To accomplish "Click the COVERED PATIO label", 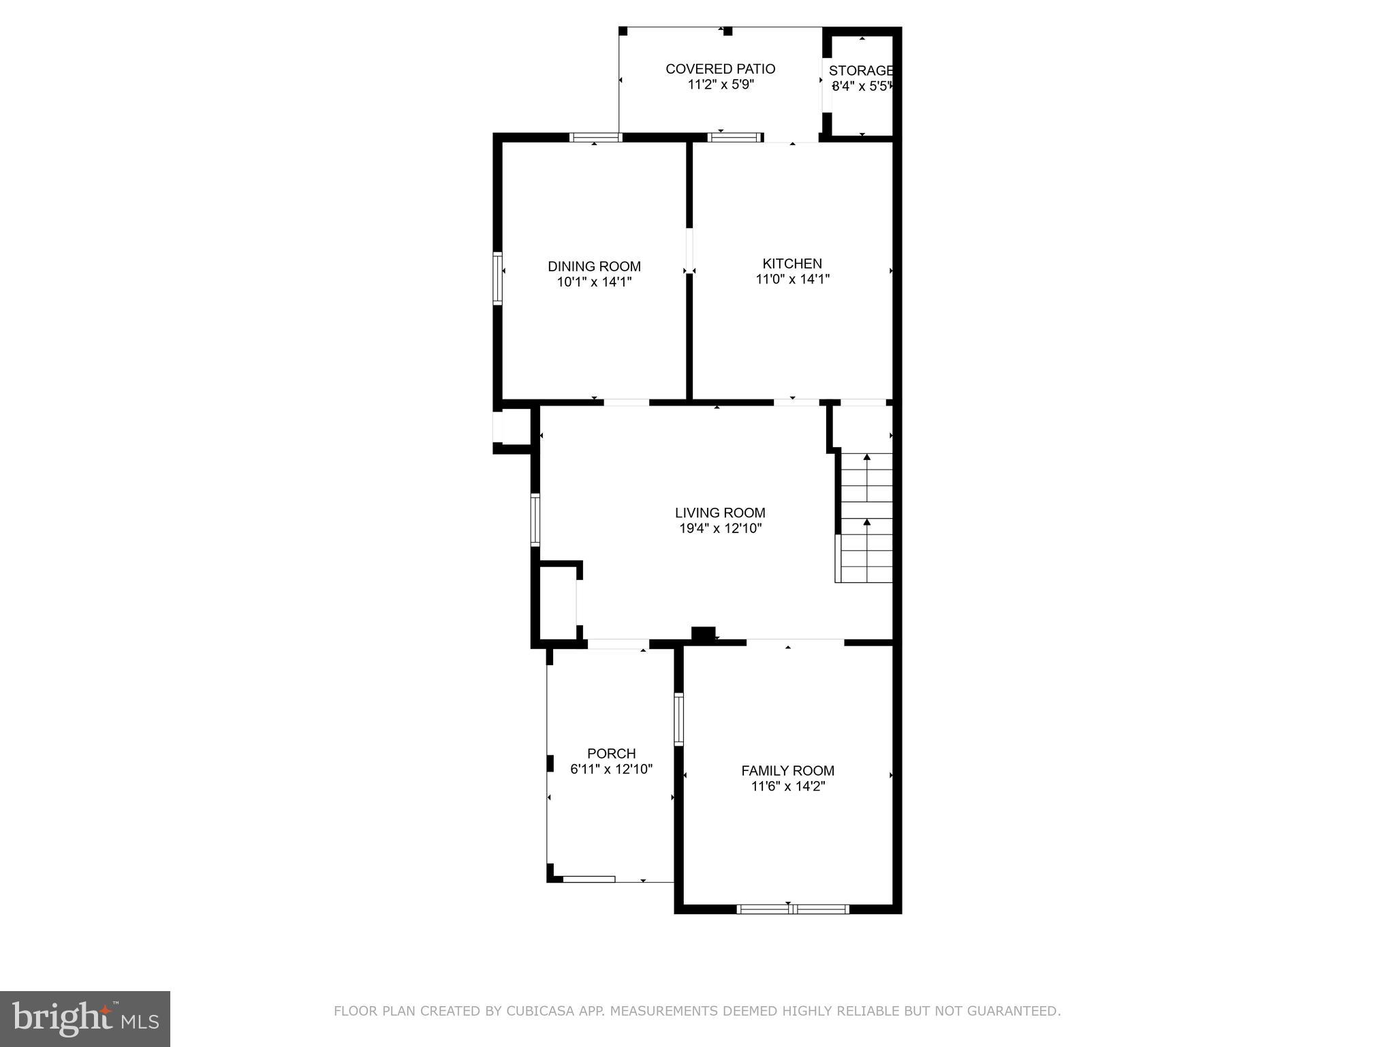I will coord(720,69).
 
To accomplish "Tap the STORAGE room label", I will coord(860,71).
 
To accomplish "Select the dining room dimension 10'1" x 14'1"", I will coord(594,282).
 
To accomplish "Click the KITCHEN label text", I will coord(791,264).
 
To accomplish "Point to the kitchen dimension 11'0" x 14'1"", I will coord(791,279).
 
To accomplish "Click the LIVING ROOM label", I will coord(720,513).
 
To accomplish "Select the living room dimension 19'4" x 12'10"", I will coord(720,529).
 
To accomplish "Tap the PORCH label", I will coord(611,754).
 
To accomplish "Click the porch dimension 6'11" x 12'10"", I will coord(611,770).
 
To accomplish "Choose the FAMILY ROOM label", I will coord(787,771).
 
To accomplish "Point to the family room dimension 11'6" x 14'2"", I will coord(787,787).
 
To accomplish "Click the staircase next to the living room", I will coord(866,518).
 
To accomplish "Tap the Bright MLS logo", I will coord(84,1018).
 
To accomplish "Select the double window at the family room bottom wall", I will coord(793,909).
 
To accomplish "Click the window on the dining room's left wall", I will coord(497,278).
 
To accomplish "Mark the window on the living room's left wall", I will coord(535,519).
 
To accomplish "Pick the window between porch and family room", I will coord(678,719).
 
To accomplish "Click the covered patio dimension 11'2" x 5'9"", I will coord(720,85).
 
